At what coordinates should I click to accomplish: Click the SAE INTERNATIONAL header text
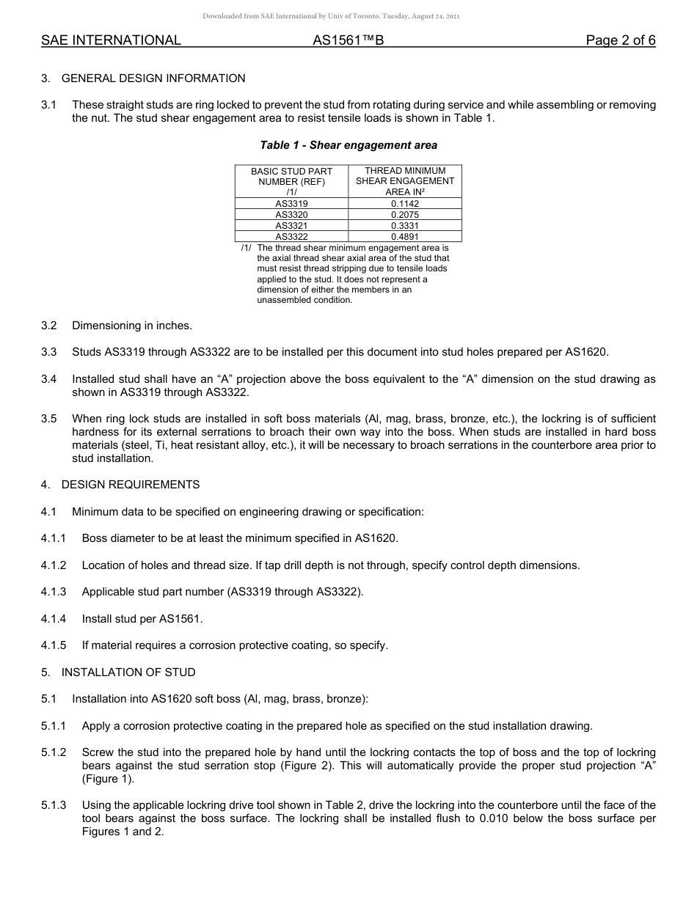[x=111, y=40]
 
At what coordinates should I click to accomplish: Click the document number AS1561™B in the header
[x=348, y=40]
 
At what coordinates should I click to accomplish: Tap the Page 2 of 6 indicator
[x=620, y=40]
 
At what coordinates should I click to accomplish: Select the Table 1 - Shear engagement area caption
[x=348, y=145]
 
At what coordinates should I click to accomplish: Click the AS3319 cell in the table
[x=291, y=203]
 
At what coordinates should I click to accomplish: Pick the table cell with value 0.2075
[x=405, y=215]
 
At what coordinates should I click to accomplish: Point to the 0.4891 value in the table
[x=405, y=237]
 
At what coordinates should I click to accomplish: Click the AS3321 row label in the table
[x=291, y=226]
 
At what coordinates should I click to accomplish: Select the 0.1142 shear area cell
[x=405, y=203]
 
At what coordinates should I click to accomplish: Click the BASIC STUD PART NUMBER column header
[x=291, y=181]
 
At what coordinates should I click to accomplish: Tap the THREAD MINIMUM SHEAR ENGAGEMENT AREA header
[x=405, y=181]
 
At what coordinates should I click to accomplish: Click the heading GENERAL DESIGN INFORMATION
[x=153, y=78]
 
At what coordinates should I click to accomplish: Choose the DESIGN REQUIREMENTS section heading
[x=131, y=485]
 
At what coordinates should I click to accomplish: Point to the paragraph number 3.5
[x=49, y=419]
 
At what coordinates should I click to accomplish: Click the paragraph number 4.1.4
[x=54, y=619]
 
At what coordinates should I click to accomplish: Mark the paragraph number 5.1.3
[x=54, y=805]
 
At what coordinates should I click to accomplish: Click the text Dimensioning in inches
[x=132, y=326]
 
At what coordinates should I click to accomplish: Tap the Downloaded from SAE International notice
[x=331, y=16]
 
